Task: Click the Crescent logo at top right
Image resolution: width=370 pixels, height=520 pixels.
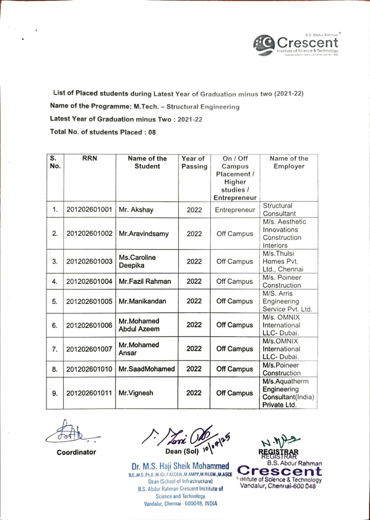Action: [x=296, y=45]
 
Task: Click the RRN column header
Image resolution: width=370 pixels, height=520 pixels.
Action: [x=90, y=158]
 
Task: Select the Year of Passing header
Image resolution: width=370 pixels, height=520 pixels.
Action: [x=194, y=162]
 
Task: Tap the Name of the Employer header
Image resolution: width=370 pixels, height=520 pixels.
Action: [x=289, y=162]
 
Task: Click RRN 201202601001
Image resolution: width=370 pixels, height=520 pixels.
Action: [x=89, y=210]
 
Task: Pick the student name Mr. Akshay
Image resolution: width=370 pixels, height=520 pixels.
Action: [x=136, y=210]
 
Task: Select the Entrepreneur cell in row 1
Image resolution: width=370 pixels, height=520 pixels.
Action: [x=235, y=210]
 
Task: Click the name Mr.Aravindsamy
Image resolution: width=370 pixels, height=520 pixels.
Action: [x=144, y=234]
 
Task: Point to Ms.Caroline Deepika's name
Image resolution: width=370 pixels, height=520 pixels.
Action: [x=137, y=261]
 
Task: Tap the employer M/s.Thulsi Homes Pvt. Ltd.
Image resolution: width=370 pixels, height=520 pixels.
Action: [x=283, y=261]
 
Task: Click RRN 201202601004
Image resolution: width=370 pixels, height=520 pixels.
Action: [x=89, y=282]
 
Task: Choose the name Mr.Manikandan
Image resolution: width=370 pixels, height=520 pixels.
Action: [x=142, y=301]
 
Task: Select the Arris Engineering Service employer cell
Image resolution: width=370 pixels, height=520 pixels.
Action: [x=287, y=301]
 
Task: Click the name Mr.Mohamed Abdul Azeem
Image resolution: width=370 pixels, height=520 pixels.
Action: [x=139, y=325]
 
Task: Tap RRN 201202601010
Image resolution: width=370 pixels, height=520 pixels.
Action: [x=89, y=369]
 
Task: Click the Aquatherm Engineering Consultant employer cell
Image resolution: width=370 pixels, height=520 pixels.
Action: [x=288, y=393]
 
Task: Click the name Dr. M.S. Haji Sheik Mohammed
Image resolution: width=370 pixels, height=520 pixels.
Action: [x=180, y=466]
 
